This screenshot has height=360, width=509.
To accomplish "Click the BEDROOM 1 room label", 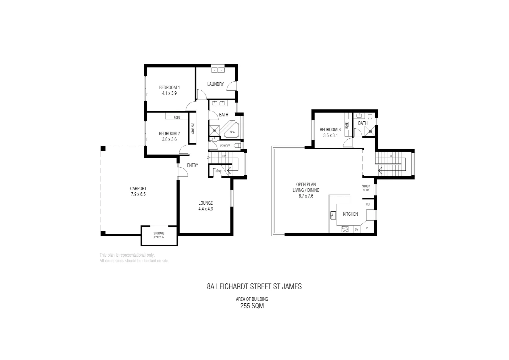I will tap(169, 88).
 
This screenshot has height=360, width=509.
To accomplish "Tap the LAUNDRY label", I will tap(215, 84).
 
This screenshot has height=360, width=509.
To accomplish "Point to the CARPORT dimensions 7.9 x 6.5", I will tap(138, 194).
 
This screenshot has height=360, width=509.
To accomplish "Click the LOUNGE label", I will tap(206, 203).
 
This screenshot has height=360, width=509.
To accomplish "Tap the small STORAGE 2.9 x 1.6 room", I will tap(159, 235).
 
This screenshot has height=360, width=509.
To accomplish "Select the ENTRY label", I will tap(193, 165).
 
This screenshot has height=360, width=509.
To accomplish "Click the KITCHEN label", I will tap(350, 214).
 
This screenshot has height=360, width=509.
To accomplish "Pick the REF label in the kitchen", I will tap(368, 204).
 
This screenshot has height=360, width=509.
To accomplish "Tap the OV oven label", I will tap(356, 229).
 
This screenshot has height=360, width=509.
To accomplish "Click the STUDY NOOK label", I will tap(366, 188).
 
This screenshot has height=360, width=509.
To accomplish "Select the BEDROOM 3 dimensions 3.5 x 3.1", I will tap(330, 136).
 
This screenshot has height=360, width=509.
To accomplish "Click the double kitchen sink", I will tap(333, 215).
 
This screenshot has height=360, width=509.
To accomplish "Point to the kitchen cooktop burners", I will tap(345, 229).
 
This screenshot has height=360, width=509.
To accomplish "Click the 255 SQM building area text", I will tap(252, 306).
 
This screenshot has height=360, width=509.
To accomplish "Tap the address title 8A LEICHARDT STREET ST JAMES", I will tap(254, 287).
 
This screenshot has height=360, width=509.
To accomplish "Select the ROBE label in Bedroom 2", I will tap(177, 117).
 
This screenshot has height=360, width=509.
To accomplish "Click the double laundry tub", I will tap(218, 70).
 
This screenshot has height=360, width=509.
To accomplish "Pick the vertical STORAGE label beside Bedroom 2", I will tap(193, 129).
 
